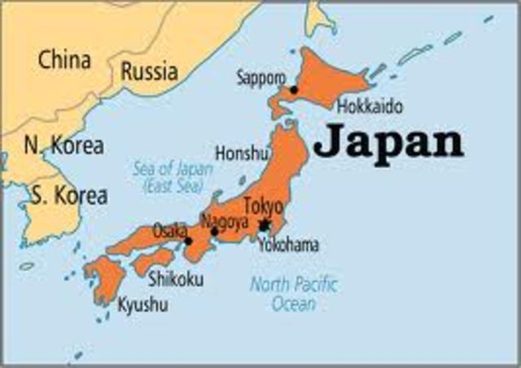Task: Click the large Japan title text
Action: point(388,143)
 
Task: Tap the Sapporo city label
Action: point(260,78)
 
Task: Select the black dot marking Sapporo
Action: point(293,90)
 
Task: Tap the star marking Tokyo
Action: point(264,224)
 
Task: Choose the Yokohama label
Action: point(288,245)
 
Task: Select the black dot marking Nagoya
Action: point(214,232)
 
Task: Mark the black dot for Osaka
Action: point(188,240)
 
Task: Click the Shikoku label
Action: point(176,279)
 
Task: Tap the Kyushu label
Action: point(145,306)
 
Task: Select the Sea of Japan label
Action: point(173,177)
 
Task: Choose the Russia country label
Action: point(149,71)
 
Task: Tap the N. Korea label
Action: point(63,147)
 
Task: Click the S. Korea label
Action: point(68,196)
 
